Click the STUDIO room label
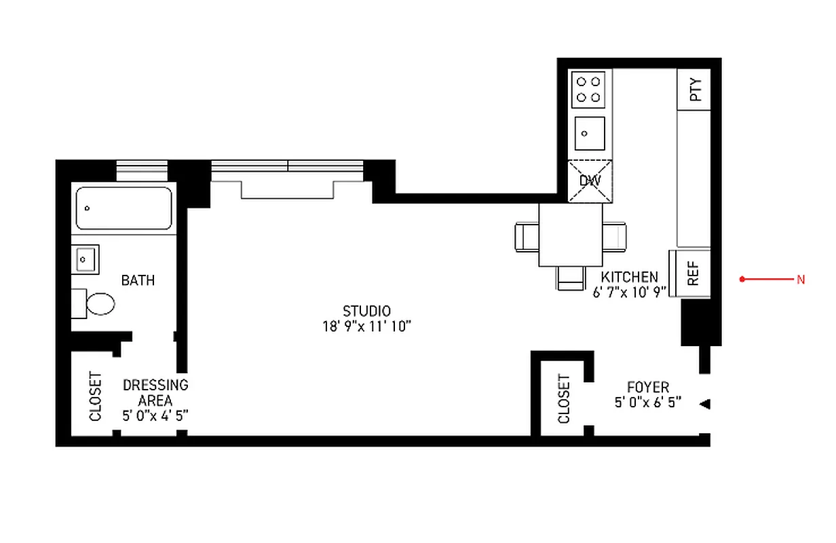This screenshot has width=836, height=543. tap(366, 312)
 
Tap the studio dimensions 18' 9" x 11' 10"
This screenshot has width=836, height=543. tap(367, 326)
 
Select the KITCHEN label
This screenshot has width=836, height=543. tap(629, 277)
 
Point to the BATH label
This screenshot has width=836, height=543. tap(138, 280)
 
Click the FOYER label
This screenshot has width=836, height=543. tap(647, 388)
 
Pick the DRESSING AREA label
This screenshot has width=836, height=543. tap(155, 392)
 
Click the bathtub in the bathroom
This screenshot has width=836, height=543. tap(123, 208)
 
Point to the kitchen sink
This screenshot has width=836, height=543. tap(589, 133)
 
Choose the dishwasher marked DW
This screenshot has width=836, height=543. tap(589, 181)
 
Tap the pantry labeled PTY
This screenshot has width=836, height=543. tap(694, 90)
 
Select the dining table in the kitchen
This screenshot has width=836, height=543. tap(571, 235)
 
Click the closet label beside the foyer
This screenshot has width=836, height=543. tap(564, 399)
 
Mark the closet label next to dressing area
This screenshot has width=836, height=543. tap(95, 396)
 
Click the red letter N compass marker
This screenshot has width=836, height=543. tap(801, 279)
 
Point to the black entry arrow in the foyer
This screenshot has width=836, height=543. tap(705, 404)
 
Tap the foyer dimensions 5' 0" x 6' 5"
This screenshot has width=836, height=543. tap(647, 402)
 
